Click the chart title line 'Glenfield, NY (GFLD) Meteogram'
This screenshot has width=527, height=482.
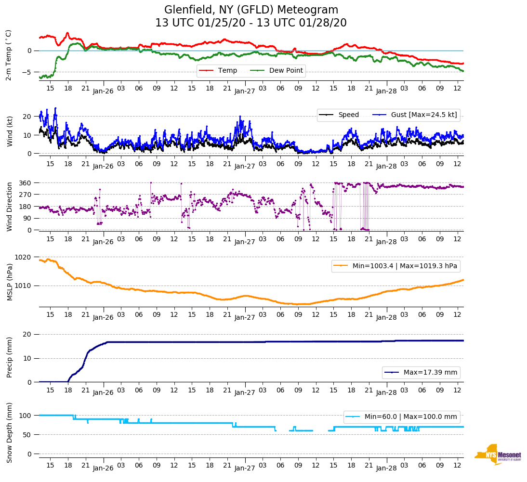tap(251, 10)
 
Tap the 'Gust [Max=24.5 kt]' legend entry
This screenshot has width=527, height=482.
tap(424, 115)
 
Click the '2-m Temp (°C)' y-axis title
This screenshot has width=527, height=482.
tap(9, 55)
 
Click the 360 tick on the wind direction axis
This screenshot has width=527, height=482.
tap(25, 183)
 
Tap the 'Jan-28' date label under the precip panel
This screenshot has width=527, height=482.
tap(386, 392)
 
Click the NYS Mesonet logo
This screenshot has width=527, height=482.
tap(498, 454)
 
